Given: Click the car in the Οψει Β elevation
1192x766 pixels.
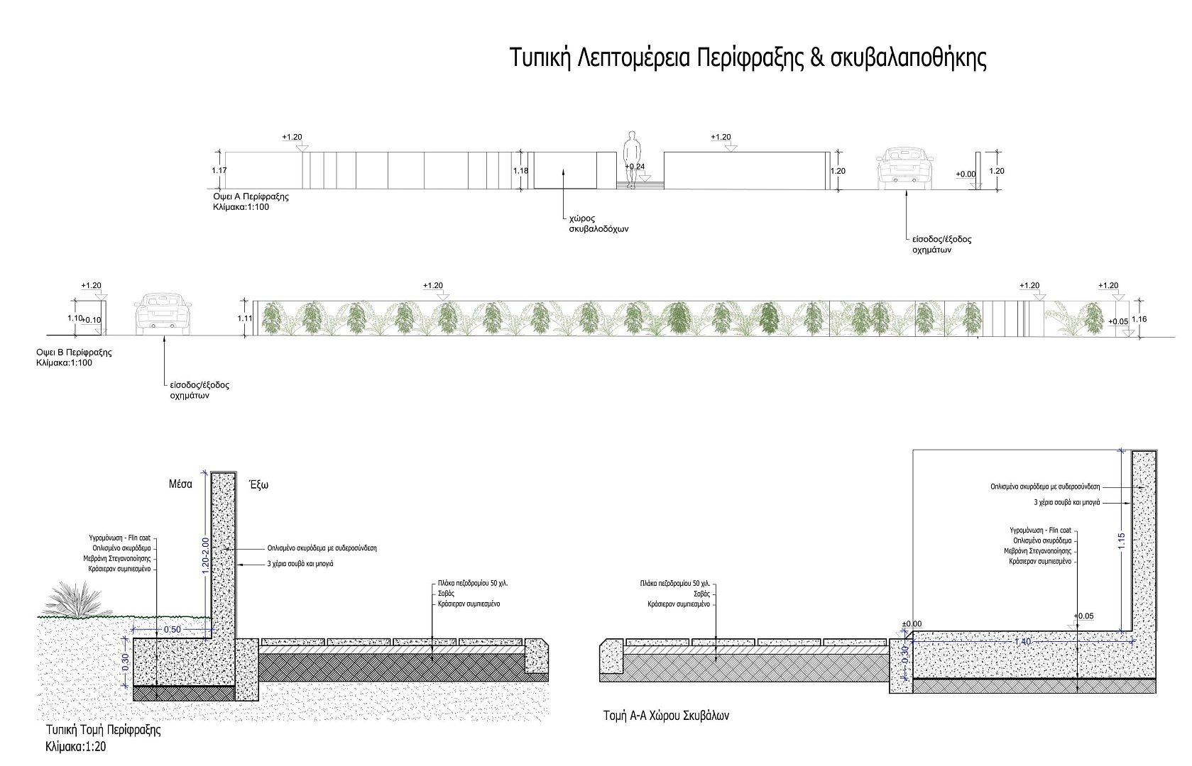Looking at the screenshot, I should [163, 313].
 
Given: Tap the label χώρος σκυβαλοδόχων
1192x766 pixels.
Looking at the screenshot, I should [598, 224].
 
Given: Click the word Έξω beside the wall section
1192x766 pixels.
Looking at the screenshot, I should [258, 485].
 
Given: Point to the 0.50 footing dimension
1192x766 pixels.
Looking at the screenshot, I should [173, 630].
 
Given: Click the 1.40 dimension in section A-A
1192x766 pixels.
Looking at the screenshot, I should [1023, 641].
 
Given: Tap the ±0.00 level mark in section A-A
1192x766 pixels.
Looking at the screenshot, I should [911, 624].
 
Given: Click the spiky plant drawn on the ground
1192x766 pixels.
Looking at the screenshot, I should [77, 600].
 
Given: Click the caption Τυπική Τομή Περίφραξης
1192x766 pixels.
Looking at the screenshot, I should [103, 730].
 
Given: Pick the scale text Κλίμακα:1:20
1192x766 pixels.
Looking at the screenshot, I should [76, 747].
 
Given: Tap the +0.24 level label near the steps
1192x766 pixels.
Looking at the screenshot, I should [635, 167].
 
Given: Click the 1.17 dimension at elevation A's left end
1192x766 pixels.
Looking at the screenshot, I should [219, 171].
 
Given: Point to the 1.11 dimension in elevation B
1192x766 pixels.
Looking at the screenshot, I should [245, 318].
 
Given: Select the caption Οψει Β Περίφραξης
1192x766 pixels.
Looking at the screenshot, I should [74, 353].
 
